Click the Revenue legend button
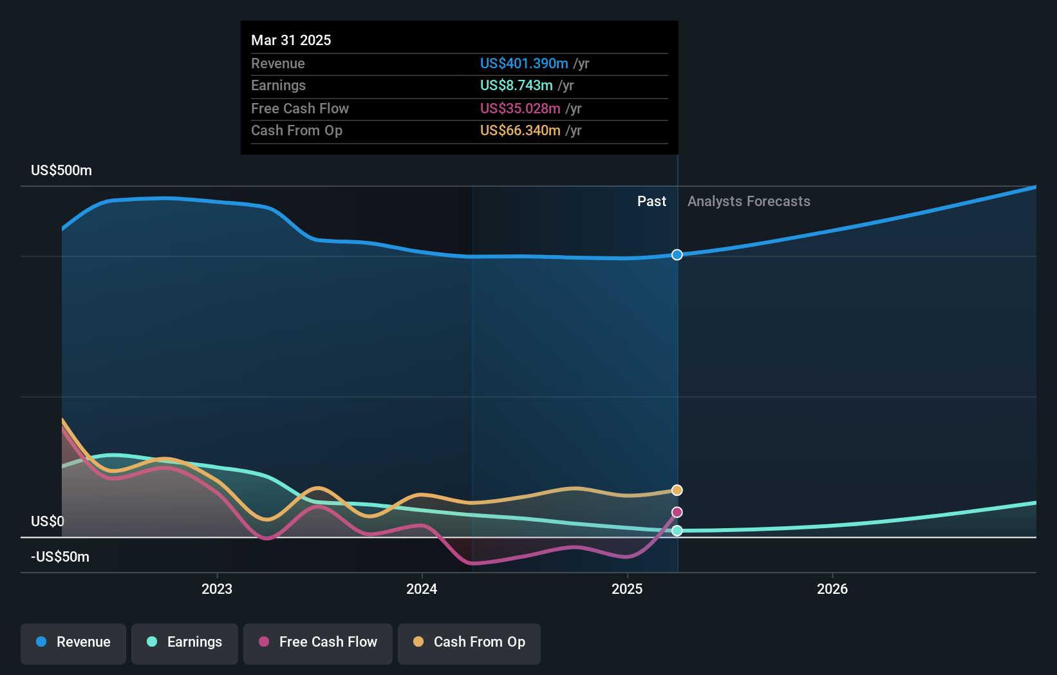coord(73,642)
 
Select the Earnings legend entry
coord(185,642)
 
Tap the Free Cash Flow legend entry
coord(318,642)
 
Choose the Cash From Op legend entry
coord(469,642)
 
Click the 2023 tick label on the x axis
coord(217,589)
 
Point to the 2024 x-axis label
coord(422,589)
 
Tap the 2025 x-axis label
coord(627,589)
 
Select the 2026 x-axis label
coord(832,589)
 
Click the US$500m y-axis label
coord(62,171)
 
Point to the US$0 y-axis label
coord(48,521)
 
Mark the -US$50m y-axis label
coord(61,556)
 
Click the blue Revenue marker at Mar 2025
coord(677,255)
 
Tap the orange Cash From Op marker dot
coord(677,490)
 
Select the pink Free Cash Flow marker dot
coord(677,512)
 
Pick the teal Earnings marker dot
coord(677,531)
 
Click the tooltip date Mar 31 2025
coord(291,40)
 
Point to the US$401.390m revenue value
coord(524,63)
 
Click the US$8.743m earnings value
coord(516,85)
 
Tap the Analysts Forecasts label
coord(749,202)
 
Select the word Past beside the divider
coord(651,202)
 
